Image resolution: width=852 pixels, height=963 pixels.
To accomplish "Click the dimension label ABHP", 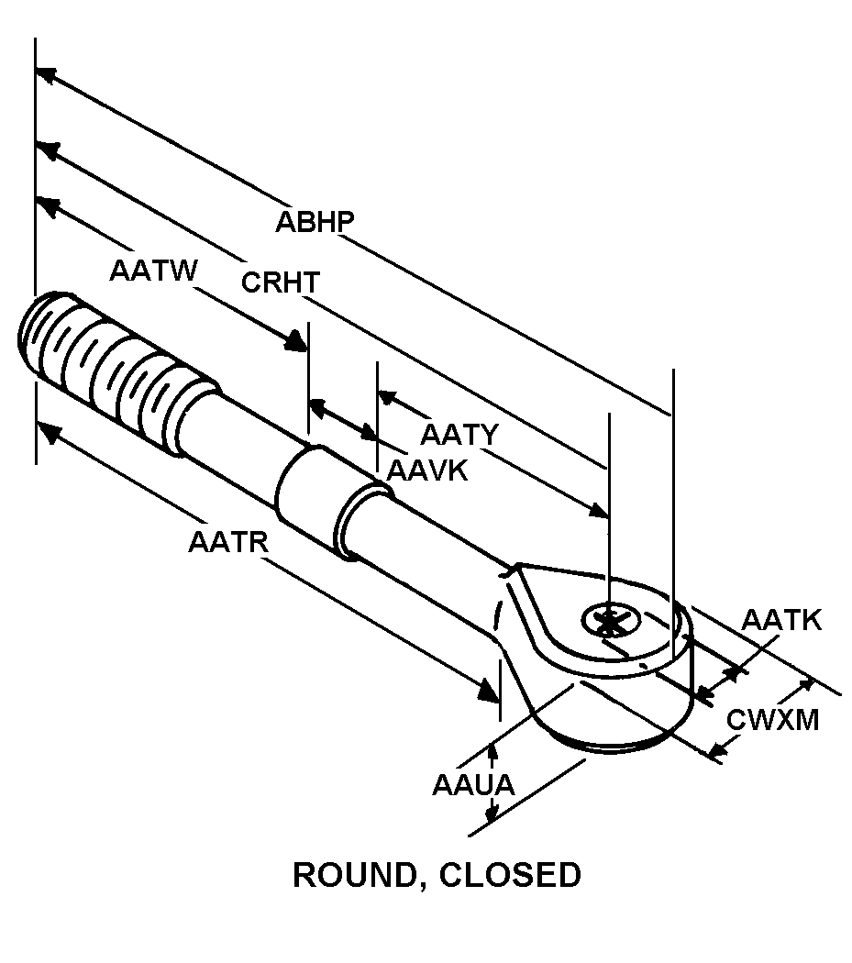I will click(315, 223).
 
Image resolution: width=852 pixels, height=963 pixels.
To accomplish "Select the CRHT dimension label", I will click(281, 282).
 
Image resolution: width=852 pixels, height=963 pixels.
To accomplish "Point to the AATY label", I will click(459, 434).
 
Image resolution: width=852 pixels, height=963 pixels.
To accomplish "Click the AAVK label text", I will click(427, 470).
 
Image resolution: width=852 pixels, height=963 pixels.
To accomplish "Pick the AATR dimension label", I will click(227, 542).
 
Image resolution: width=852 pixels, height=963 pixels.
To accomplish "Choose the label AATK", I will click(781, 621).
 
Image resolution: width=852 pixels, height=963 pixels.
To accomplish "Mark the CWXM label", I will click(772, 720).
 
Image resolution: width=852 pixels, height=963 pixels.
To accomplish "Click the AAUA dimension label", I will click(473, 785).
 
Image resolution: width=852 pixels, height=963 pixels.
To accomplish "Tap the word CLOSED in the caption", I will click(510, 875).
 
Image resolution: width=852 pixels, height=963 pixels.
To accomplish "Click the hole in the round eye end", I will click(607, 622).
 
